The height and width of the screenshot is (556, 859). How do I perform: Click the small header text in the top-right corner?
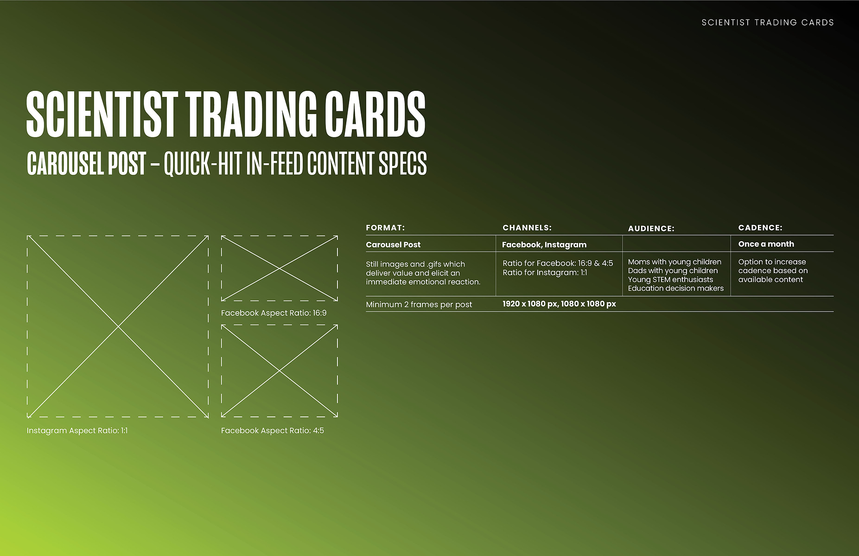point(768,22)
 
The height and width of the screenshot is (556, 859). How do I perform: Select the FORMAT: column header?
point(385,228)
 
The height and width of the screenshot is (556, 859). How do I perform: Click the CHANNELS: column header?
point(527,228)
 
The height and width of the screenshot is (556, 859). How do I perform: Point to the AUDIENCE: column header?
point(651,229)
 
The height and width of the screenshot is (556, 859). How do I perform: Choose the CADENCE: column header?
point(760,228)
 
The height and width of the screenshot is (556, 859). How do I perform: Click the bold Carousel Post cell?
point(393,245)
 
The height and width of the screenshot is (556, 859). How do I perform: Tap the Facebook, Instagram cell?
point(544,245)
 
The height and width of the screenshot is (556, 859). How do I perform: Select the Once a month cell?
point(766,244)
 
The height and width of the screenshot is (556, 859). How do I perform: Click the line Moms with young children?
point(674,262)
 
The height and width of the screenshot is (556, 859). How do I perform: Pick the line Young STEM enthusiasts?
point(670,280)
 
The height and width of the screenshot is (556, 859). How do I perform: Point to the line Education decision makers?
point(676,288)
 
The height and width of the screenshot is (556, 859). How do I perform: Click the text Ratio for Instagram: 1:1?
point(545,273)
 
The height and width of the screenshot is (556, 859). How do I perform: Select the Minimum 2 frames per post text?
point(419,305)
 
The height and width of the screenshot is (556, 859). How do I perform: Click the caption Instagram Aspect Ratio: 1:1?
point(77,431)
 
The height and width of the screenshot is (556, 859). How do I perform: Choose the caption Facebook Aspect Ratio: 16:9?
point(274,313)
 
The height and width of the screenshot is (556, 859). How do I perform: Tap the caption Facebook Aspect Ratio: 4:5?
point(273,431)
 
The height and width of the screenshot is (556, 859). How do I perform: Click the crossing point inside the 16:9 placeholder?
point(280,268)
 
